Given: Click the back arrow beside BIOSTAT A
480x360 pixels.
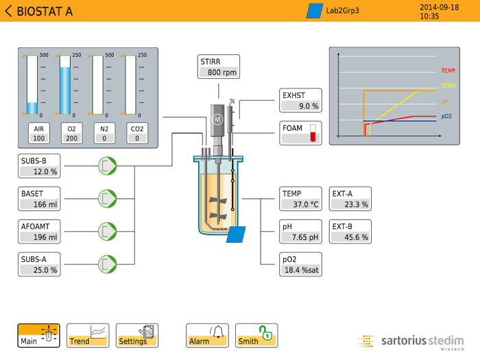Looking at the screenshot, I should [x=8, y=11].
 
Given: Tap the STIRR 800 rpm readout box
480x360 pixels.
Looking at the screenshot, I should [x=219, y=67].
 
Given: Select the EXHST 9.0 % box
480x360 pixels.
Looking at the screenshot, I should [x=300, y=101].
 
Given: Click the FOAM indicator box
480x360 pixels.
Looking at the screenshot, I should [x=300, y=133].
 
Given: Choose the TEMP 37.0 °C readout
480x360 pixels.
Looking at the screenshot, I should [x=300, y=199].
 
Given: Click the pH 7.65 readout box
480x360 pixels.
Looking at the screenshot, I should [x=300, y=232].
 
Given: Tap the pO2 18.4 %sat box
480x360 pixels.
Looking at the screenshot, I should [x=300, y=265].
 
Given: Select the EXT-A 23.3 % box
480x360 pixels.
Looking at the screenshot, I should [x=350, y=199].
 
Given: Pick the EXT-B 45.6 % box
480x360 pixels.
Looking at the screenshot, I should [x=350, y=232].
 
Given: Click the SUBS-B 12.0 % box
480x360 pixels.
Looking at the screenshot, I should [x=39, y=166].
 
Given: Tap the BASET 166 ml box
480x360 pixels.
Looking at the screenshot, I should [x=39, y=199].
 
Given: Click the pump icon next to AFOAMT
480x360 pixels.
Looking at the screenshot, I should [x=107, y=232].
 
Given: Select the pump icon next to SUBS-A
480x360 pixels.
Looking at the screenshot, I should [x=107, y=265].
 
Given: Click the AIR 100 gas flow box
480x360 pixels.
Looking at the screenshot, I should [x=38, y=134].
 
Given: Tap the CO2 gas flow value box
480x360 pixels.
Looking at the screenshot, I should [x=137, y=134].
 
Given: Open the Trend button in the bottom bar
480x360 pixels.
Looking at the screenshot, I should [x=88, y=335].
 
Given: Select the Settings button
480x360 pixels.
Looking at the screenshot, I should [x=137, y=335].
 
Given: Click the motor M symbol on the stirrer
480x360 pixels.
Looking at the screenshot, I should [x=218, y=119].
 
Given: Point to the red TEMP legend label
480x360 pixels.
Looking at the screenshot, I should [x=448, y=71].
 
